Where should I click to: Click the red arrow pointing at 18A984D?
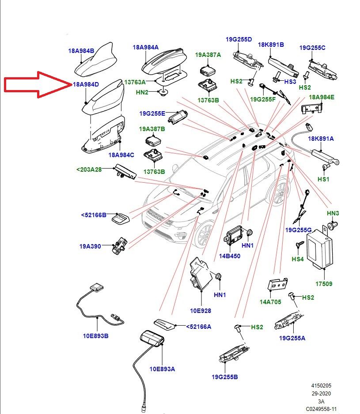click(x=37, y=84)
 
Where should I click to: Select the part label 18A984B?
click(x=81, y=51)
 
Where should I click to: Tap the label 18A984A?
click(x=146, y=47)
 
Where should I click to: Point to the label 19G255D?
click(x=239, y=39)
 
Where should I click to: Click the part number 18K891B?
click(x=271, y=45)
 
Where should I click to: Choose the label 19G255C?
click(x=312, y=48)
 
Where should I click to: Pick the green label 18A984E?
click(x=322, y=97)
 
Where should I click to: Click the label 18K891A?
click(x=321, y=139)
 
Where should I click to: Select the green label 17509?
click(x=324, y=284)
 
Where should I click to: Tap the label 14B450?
click(x=230, y=256)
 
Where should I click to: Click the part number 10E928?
click(x=201, y=311)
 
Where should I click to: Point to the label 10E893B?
click(x=96, y=336)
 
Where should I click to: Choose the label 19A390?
click(x=90, y=246)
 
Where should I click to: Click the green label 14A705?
click(x=270, y=302)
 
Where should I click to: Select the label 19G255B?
click(x=225, y=377)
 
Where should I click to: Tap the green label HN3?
click(x=333, y=213)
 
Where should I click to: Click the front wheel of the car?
click(x=204, y=234)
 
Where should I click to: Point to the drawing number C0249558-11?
click(x=321, y=409)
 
